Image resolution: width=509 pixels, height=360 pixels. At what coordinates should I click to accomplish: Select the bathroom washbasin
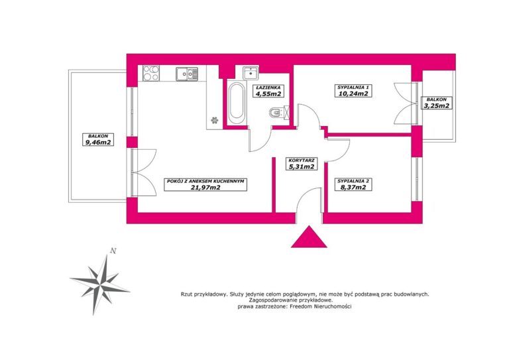click(251, 72)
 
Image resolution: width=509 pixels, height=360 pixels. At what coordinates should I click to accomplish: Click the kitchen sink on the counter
click(187, 74)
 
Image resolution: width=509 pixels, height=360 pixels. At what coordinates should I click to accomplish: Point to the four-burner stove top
click(151, 74)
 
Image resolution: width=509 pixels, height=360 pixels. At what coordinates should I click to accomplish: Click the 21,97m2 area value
click(205, 188)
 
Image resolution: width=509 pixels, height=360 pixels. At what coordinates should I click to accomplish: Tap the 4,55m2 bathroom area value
click(268, 93)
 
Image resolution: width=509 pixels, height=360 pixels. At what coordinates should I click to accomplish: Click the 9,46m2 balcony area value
click(98, 142)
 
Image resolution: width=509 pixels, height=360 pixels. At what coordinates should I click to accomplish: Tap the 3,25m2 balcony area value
click(437, 105)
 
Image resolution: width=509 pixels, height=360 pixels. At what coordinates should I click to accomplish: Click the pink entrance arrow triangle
click(308, 237)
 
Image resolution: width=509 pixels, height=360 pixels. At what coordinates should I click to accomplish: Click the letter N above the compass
click(113, 251)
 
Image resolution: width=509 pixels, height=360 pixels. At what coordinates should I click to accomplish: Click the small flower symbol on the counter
click(214, 120)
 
